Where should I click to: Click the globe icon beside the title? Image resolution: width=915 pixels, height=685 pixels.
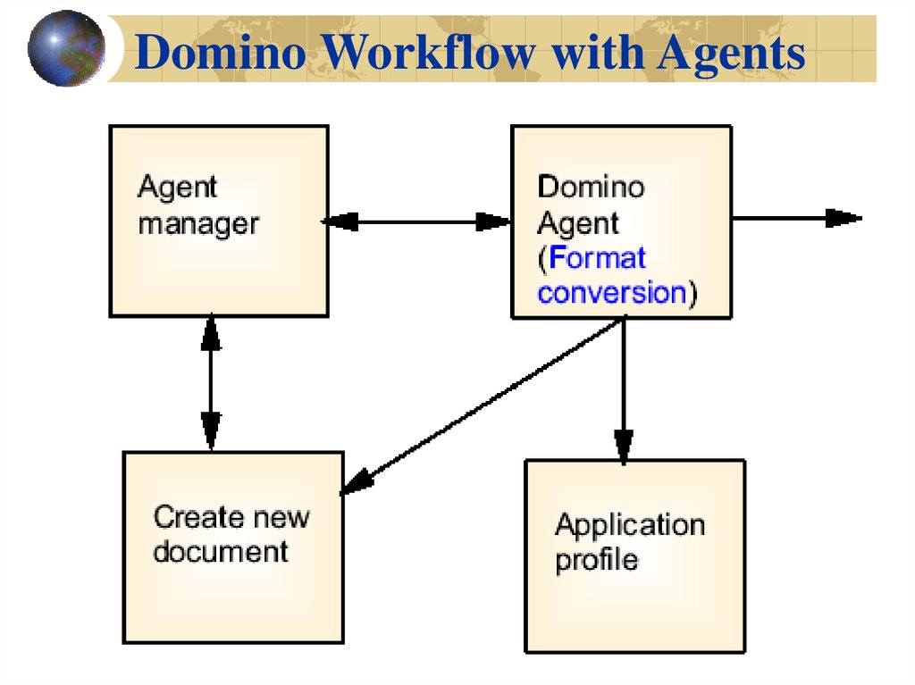(x=65, y=48)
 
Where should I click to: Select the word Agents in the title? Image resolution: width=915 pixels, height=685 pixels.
(x=731, y=54)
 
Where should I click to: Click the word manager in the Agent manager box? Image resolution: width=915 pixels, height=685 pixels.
(x=198, y=223)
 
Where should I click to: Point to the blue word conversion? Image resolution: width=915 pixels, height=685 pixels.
(x=611, y=293)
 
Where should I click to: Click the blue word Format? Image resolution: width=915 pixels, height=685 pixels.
(x=597, y=258)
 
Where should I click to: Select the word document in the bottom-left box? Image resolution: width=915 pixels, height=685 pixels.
(x=221, y=551)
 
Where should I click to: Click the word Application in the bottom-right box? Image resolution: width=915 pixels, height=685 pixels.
(x=630, y=524)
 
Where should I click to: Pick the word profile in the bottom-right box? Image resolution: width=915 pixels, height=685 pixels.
(x=597, y=560)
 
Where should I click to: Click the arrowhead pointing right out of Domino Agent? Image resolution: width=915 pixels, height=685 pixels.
(x=843, y=218)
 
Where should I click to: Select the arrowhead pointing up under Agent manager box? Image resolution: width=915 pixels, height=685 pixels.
(x=211, y=332)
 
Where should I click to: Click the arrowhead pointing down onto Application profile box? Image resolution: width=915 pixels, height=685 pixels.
(x=624, y=446)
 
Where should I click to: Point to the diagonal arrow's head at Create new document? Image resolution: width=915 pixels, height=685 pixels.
(x=357, y=481)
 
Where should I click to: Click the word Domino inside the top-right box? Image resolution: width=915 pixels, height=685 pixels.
(x=591, y=187)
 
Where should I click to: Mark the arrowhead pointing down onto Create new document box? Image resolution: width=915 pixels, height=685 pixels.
(x=211, y=431)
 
